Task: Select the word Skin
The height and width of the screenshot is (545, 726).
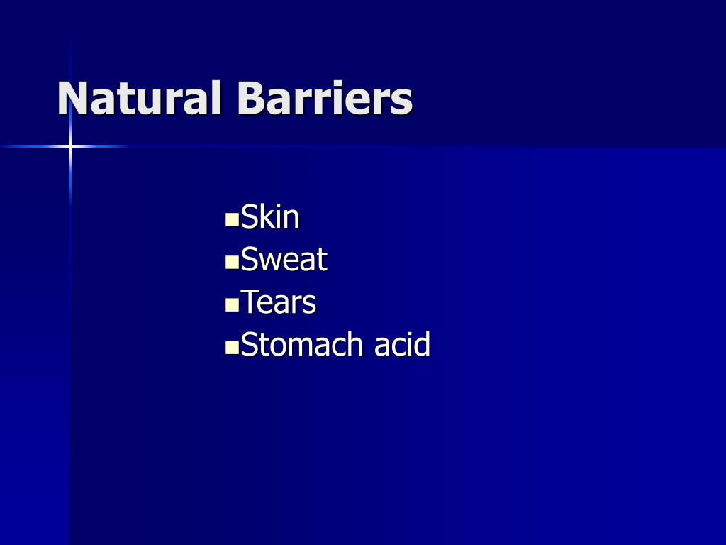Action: (x=270, y=217)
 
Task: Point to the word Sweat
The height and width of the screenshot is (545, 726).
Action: (x=284, y=260)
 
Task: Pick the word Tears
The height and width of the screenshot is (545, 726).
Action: (x=279, y=302)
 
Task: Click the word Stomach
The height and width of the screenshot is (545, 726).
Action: (x=302, y=345)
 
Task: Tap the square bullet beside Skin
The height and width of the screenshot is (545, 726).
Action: (x=231, y=221)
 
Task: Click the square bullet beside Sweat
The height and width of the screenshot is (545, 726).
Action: (x=231, y=263)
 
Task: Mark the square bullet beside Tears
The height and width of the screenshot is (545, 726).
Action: (x=231, y=306)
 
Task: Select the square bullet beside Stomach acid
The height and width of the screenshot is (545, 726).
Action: (x=231, y=348)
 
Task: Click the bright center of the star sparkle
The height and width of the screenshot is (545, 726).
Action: (x=70, y=147)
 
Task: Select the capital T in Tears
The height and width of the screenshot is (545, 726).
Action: (x=250, y=302)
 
